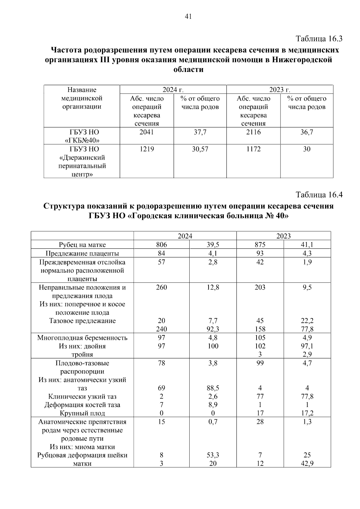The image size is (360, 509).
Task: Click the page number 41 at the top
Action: (x=188, y=16)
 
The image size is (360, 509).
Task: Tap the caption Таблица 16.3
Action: (x=319, y=39)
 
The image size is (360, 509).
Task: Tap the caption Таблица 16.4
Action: (x=319, y=195)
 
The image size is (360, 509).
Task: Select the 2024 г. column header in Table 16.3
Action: (x=173, y=90)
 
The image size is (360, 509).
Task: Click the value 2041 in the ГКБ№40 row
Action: (x=147, y=132)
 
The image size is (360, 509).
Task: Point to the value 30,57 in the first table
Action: (x=200, y=149)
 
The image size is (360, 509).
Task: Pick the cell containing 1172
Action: (x=253, y=149)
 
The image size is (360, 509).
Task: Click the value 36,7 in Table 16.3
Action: (x=307, y=132)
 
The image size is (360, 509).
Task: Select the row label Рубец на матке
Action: (x=82, y=245)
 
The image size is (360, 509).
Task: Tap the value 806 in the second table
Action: (x=161, y=245)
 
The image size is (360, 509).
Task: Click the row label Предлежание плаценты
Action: (x=82, y=253)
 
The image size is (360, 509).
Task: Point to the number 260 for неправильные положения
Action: (x=161, y=287)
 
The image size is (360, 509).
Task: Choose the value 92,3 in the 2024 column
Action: (x=213, y=329)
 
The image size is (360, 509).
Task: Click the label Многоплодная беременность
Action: (x=82, y=338)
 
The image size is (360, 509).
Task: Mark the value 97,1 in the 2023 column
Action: (x=307, y=346)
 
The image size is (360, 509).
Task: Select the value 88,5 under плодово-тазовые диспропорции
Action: (x=213, y=388)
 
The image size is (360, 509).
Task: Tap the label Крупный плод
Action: (x=82, y=413)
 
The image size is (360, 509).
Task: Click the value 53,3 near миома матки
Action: (x=213, y=455)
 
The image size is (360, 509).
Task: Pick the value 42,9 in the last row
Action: (x=307, y=463)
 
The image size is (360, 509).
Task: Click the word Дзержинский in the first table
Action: (x=82, y=157)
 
